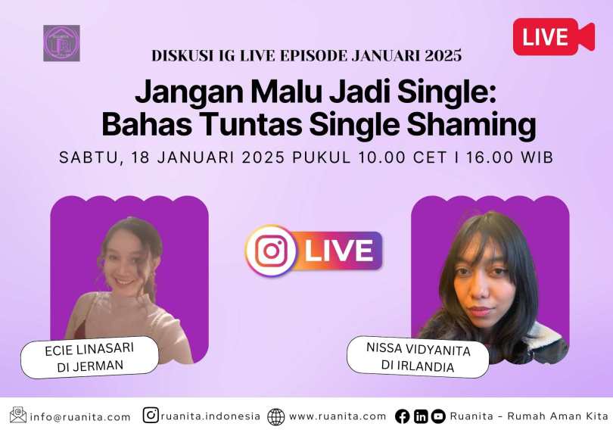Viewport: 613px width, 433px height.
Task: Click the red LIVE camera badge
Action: point(553,36)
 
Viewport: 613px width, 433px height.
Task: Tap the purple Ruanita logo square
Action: point(61,43)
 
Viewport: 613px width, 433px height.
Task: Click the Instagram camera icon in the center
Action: point(271,251)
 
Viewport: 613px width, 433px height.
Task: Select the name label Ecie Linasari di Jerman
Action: point(89,357)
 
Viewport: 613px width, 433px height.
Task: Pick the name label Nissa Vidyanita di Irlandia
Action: point(418,357)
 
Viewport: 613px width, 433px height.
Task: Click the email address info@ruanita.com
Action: point(80,417)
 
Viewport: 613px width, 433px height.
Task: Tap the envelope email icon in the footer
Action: point(18,415)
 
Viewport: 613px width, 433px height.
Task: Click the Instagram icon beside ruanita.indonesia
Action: point(151,415)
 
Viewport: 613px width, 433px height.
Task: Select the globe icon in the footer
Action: point(276,416)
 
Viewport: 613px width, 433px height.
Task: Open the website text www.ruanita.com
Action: point(338,416)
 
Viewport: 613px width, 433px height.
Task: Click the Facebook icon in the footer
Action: point(403,416)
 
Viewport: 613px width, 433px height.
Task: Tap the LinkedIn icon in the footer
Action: point(421,416)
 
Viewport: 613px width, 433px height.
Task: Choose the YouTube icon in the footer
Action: point(438,416)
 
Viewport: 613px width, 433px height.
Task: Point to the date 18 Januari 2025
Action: point(208,157)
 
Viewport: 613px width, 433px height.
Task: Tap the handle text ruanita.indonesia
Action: point(210,416)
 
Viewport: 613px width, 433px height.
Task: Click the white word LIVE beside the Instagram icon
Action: point(338,251)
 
